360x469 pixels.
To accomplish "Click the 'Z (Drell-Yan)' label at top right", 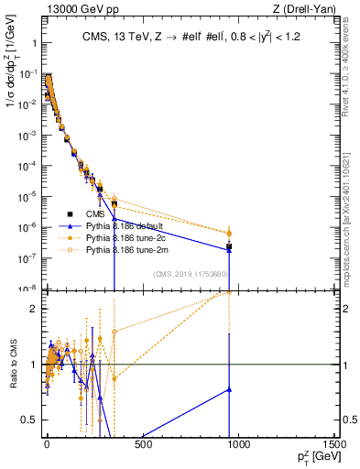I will click(x=304, y=10).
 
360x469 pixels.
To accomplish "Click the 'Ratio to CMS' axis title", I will click(x=12, y=364).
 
